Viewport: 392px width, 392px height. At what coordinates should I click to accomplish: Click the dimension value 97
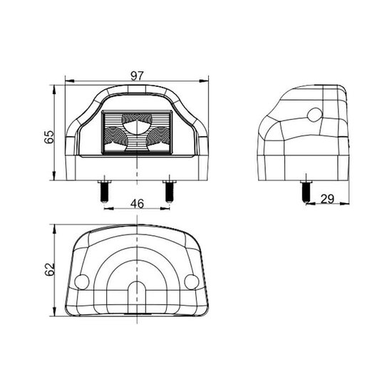138,76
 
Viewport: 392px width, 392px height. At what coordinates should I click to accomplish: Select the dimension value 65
49,137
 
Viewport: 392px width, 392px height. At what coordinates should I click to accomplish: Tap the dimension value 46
138,204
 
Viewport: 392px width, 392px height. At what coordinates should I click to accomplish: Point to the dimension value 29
327,199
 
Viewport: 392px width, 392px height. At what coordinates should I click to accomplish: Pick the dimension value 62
49,269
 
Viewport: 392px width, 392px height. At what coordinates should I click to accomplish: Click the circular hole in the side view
315,115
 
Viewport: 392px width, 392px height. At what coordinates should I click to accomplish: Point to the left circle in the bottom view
82,282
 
